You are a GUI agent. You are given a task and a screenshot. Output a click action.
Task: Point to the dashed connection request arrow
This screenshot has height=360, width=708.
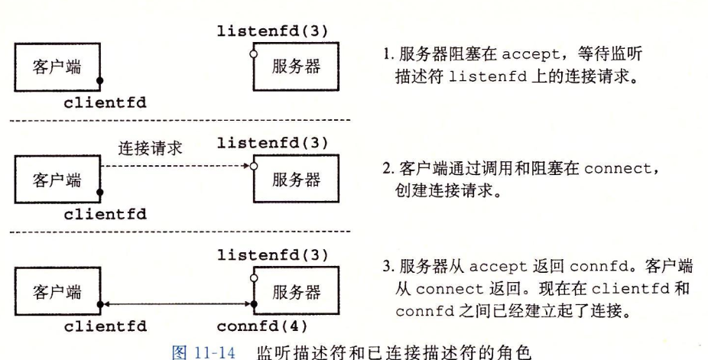(176, 166)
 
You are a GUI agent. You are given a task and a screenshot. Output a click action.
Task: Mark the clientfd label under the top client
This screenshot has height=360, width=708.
(106, 100)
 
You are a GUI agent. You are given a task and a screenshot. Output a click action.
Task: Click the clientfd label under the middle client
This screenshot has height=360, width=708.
(106, 214)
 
